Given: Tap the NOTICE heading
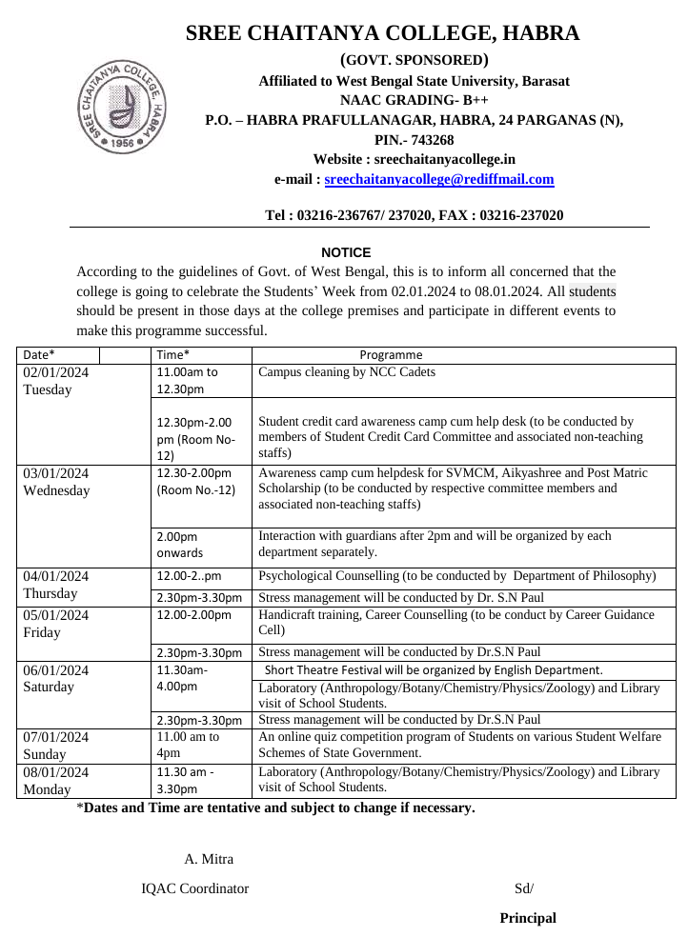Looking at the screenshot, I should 346,252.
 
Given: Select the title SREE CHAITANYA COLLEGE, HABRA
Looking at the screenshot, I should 382,33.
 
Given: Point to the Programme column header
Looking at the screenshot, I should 391,355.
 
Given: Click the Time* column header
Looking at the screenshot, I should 173,355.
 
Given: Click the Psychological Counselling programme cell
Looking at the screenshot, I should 457,576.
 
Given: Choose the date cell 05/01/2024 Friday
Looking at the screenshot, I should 55,624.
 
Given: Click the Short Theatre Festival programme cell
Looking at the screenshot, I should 434,670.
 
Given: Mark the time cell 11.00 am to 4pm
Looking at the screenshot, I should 188,745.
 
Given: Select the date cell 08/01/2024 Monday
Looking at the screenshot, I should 55,780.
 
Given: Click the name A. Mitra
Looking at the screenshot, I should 209,859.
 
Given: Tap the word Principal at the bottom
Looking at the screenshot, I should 528,918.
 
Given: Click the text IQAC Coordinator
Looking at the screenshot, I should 195,888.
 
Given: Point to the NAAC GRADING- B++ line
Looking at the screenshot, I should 414,100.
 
